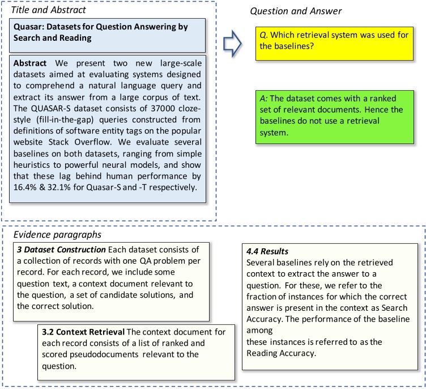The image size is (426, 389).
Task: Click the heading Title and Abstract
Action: pos(40,8)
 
